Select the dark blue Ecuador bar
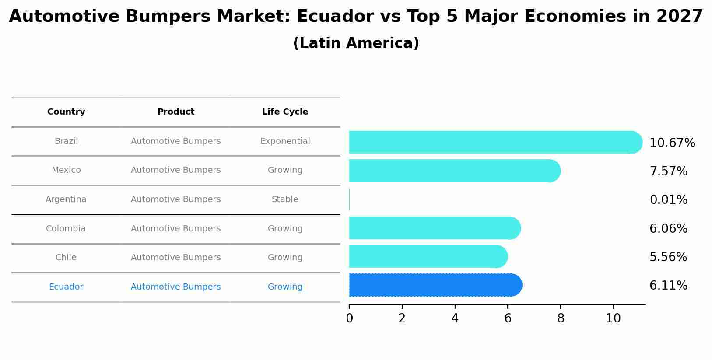coord(435,285)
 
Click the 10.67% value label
coord(672,143)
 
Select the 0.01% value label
coord(668,200)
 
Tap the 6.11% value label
coord(668,286)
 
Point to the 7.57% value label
coord(668,171)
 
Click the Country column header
coord(66,112)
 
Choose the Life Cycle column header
coord(285,112)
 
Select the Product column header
coord(175,112)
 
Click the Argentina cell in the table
coord(66,199)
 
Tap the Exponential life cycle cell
coord(285,141)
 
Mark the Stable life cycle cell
coord(285,199)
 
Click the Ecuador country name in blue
coord(66,287)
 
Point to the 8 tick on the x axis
coord(561,318)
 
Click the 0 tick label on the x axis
coord(349,318)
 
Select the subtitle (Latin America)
coord(356,43)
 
